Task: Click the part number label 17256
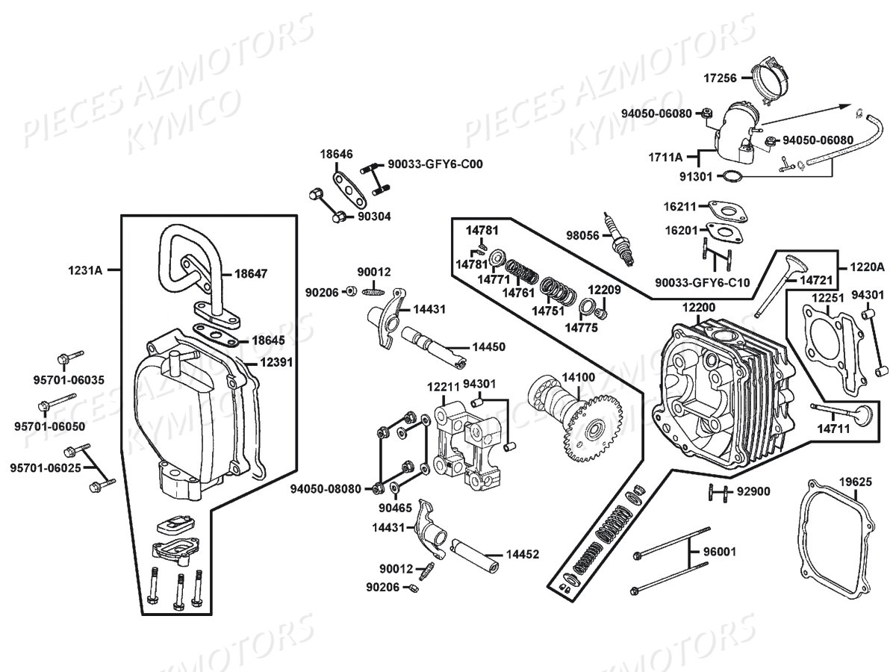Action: (721, 78)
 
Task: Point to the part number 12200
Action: (699, 307)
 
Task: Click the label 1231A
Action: (85, 270)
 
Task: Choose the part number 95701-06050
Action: (50, 426)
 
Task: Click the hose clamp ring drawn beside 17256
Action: (771, 83)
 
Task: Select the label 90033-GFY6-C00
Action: (435, 164)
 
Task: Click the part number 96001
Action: (720, 552)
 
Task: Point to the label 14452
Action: (523, 554)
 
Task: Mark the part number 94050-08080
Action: (326, 488)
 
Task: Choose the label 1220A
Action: (867, 267)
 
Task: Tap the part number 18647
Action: (251, 274)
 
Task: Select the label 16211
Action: (680, 207)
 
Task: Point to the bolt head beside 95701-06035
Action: (63, 359)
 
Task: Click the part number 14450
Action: (488, 346)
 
